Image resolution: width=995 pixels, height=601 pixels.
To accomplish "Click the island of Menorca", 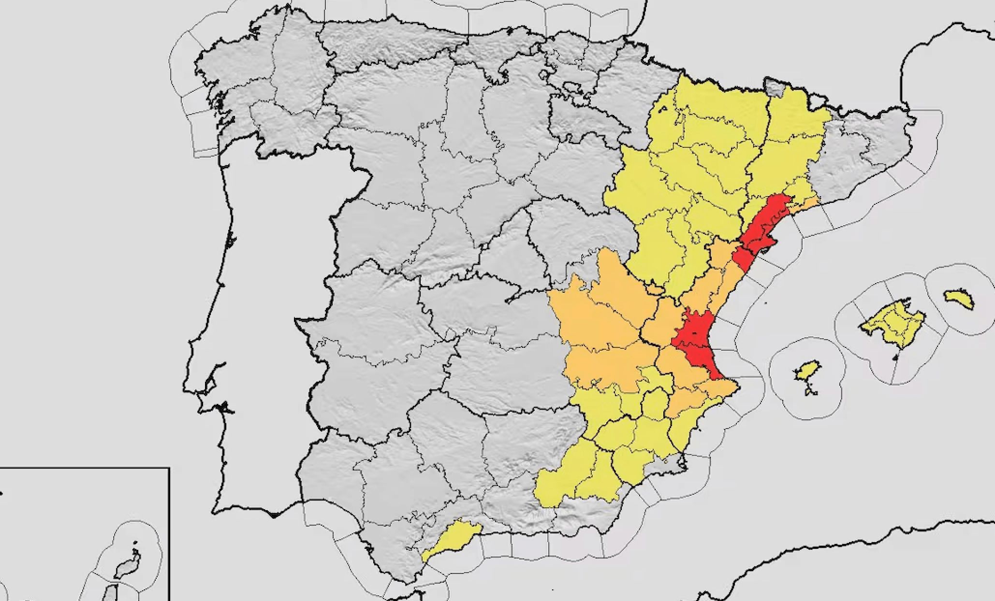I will (x=959, y=300).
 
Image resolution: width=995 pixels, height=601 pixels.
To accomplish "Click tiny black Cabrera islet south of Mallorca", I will (x=895, y=358).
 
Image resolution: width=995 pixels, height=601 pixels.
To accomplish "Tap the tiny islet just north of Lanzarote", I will (x=135, y=543).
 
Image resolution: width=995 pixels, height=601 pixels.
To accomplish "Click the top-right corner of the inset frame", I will (x=169, y=468).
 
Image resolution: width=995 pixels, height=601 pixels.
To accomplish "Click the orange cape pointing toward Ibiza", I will (x=733, y=386).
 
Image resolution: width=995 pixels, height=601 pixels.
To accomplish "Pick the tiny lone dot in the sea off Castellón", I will (x=766, y=303).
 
